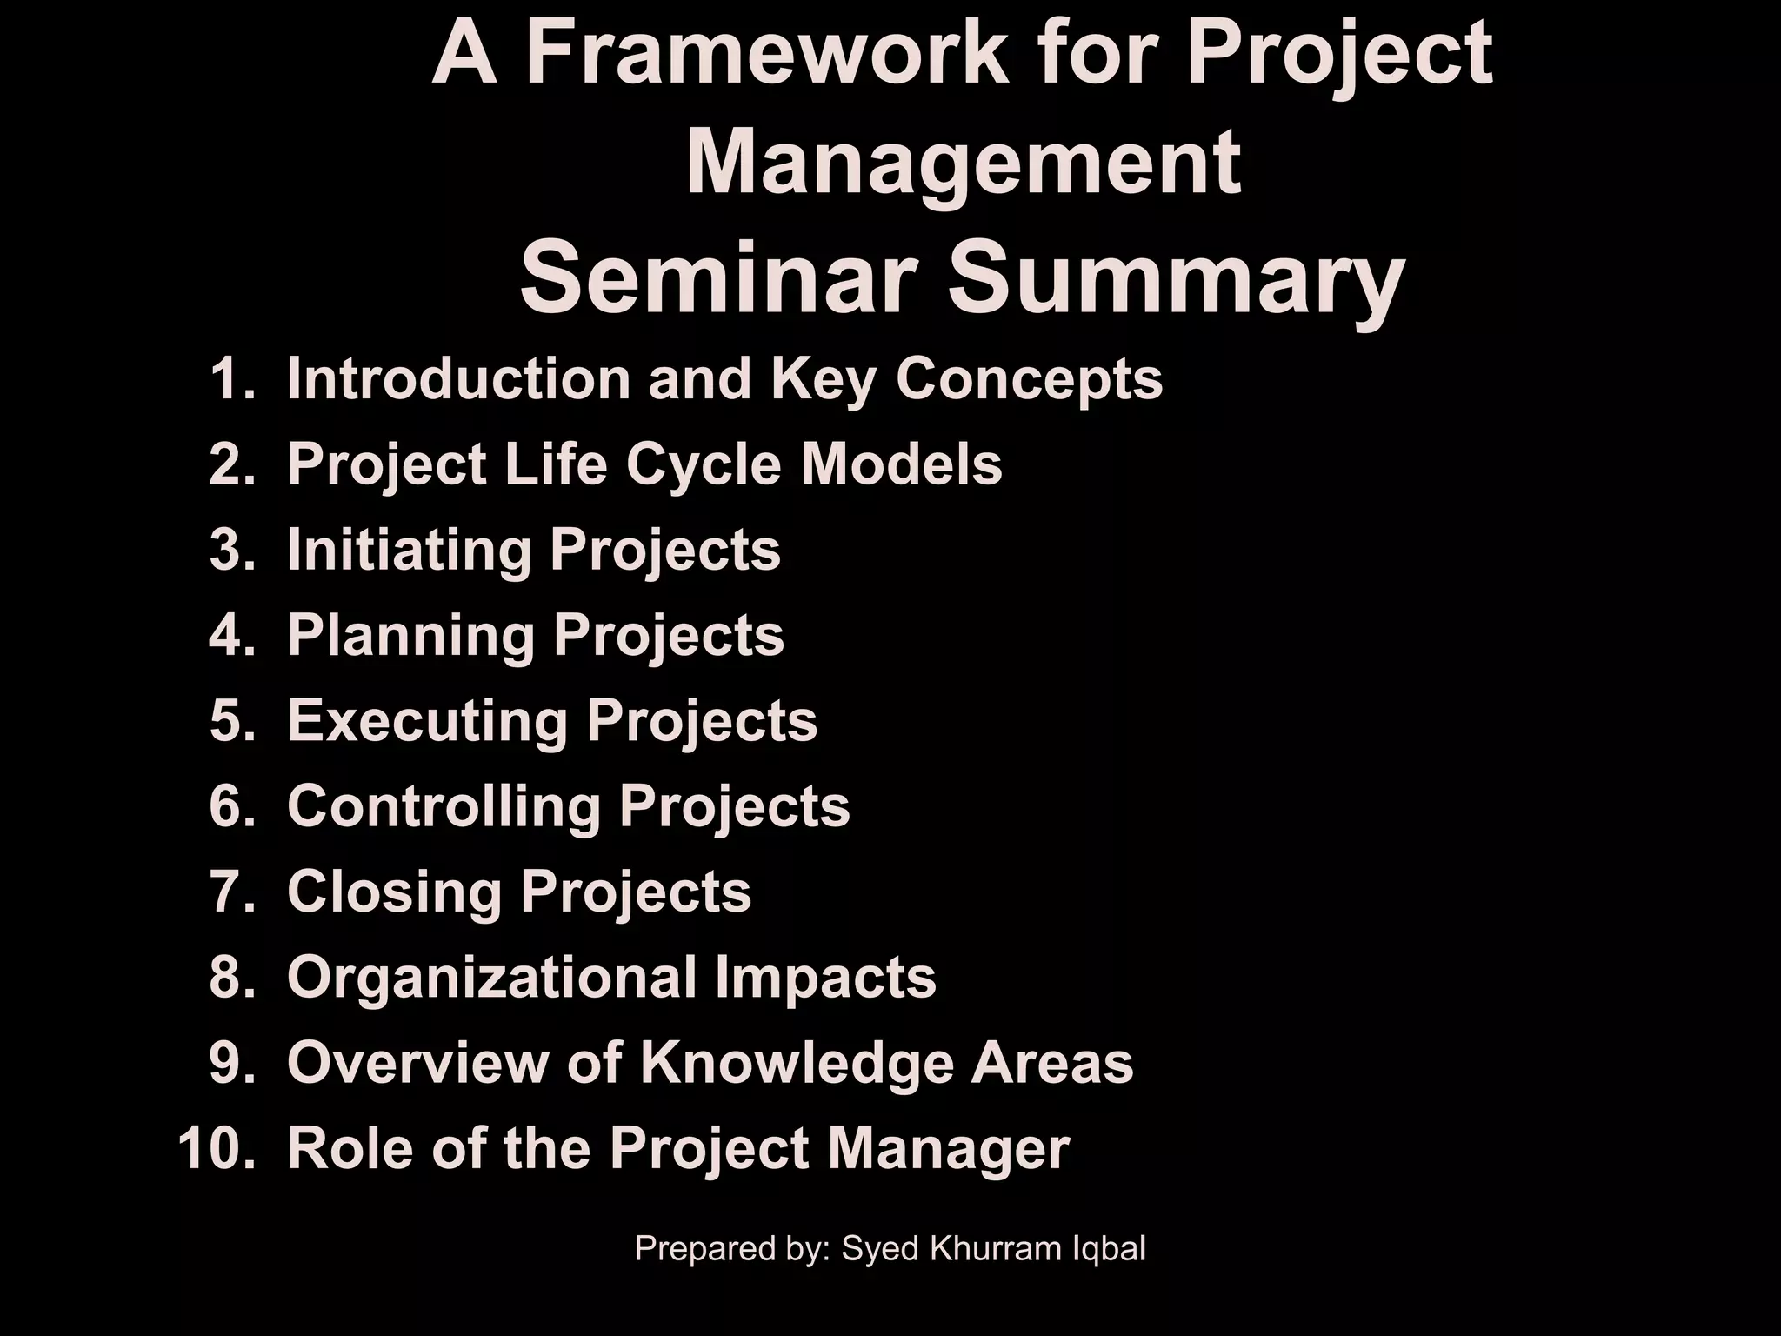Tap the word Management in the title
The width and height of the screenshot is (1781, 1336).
click(x=963, y=164)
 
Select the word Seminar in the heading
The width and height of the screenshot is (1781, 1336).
click(x=718, y=278)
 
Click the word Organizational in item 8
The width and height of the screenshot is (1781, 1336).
click(x=491, y=978)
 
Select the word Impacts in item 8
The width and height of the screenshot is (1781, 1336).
click(x=825, y=977)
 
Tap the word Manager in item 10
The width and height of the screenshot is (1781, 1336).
click(x=948, y=1149)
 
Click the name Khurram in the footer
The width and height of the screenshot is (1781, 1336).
click(x=989, y=1248)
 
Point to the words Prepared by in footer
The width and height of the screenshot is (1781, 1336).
click(x=733, y=1249)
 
